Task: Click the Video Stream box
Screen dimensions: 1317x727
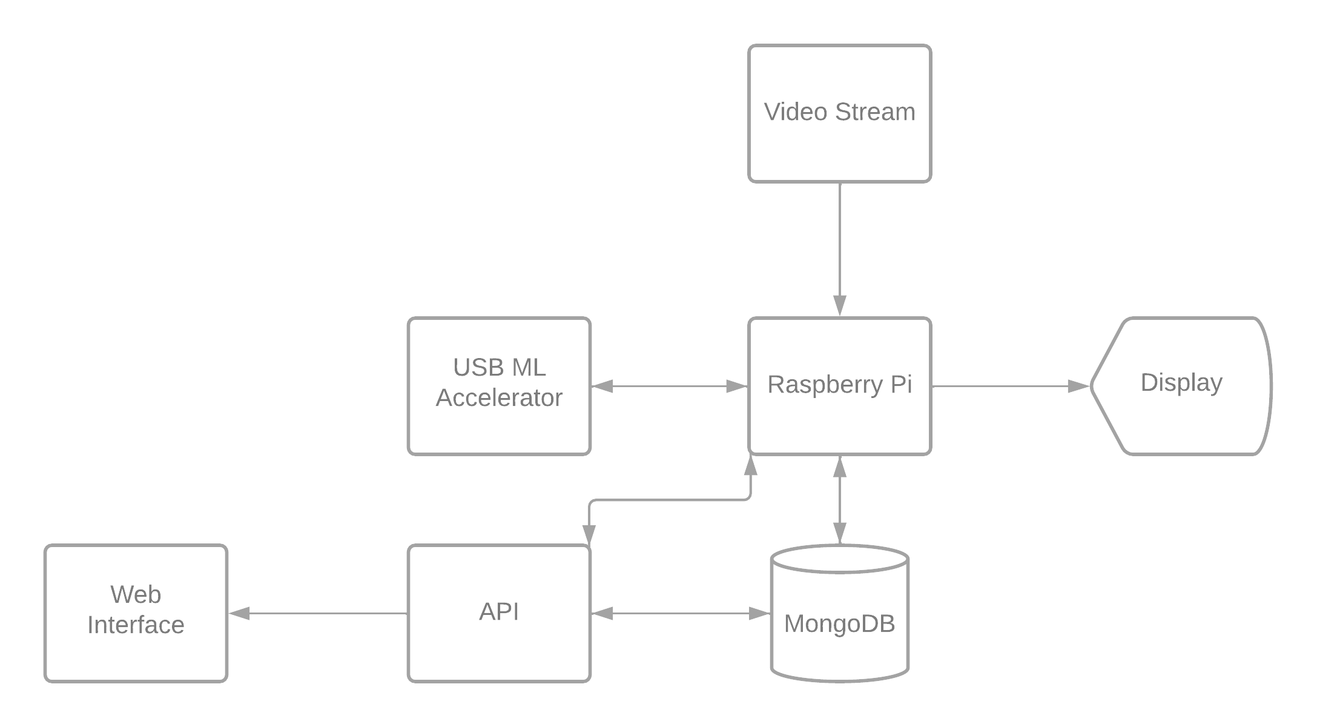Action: click(x=839, y=113)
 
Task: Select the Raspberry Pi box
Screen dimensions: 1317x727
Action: click(x=839, y=386)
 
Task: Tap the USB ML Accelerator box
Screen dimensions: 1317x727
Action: click(x=499, y=386)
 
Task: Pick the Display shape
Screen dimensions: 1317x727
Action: click(x=1181, y=386)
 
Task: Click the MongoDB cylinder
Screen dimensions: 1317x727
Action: click(x=839, y=613)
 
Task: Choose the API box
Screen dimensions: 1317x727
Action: click(x=499, y=613)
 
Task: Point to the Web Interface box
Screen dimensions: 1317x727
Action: click(x=136, y=613)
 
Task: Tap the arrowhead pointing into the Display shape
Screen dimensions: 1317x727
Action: click(x=1079, y=386)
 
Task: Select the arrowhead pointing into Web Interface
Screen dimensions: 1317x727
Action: click(x=239, y=613)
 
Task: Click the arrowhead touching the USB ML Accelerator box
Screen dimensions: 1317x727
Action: click(x=602, y=386)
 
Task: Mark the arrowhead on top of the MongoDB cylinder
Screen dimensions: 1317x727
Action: click(x=839, y=533)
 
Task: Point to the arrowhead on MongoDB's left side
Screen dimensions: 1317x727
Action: click(x=760, y=613)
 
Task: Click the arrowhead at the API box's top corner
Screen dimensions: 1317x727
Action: click(x=589, y=534)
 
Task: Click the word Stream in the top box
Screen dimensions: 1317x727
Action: click(x=875, y=112)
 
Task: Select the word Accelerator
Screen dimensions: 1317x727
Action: click(x=499, y=398)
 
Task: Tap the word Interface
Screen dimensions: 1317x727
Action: click(x=136, y=625)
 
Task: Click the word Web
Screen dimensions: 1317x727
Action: click(x=136, y=594)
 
